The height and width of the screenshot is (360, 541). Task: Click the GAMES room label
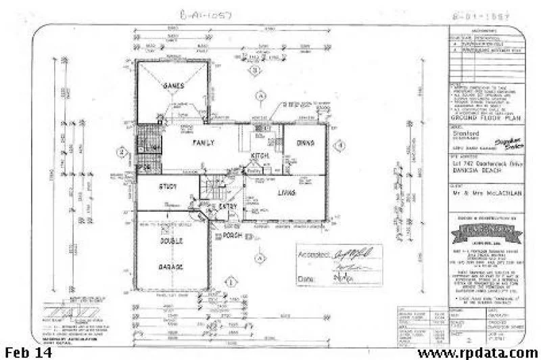pyautogui.click(x=174, y=87)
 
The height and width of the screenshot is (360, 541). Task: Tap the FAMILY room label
pyautogui.click(x=204, y=143)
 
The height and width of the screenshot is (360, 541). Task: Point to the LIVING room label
pyautogui.click(x=286, y=193)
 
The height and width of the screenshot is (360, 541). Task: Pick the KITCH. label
pyautogui.click(x=260, y=156)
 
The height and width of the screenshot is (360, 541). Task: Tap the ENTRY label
pyautogui.click(x=227, y=206)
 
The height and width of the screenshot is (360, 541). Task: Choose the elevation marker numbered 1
pyautogui.click(x=230, y=280)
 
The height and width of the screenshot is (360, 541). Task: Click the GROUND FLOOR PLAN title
pyautogui.click(x=479, y=118)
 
